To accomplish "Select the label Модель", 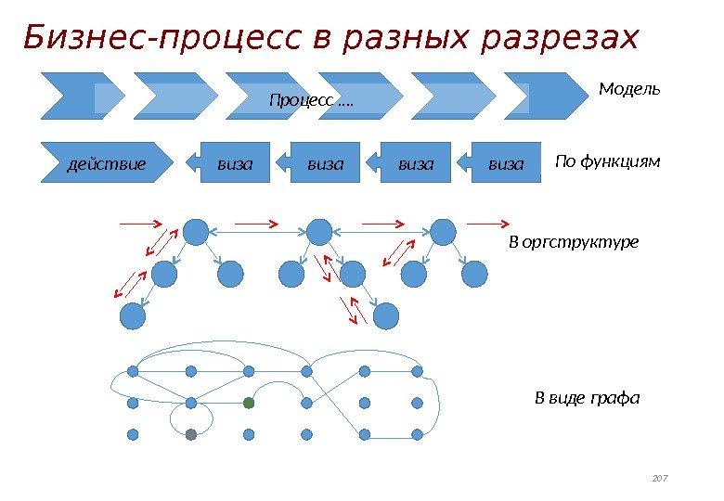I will coord(629,89).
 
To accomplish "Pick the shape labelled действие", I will coord(108,164).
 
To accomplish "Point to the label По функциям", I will coord(607,162).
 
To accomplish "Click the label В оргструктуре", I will coord(574,242).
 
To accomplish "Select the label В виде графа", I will coord(588,399).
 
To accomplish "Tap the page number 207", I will coord(660,478).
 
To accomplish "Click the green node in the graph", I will coord(248,403).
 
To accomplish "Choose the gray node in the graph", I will coord(190,434).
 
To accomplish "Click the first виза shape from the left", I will coord(232,164).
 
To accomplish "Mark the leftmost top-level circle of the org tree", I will coord(195,232).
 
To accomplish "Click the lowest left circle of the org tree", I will coord(134,317).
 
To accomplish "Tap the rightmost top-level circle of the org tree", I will coord(444,232).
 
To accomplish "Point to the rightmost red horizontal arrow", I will coord(487,224).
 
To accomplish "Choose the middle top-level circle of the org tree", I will coord(319,232).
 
